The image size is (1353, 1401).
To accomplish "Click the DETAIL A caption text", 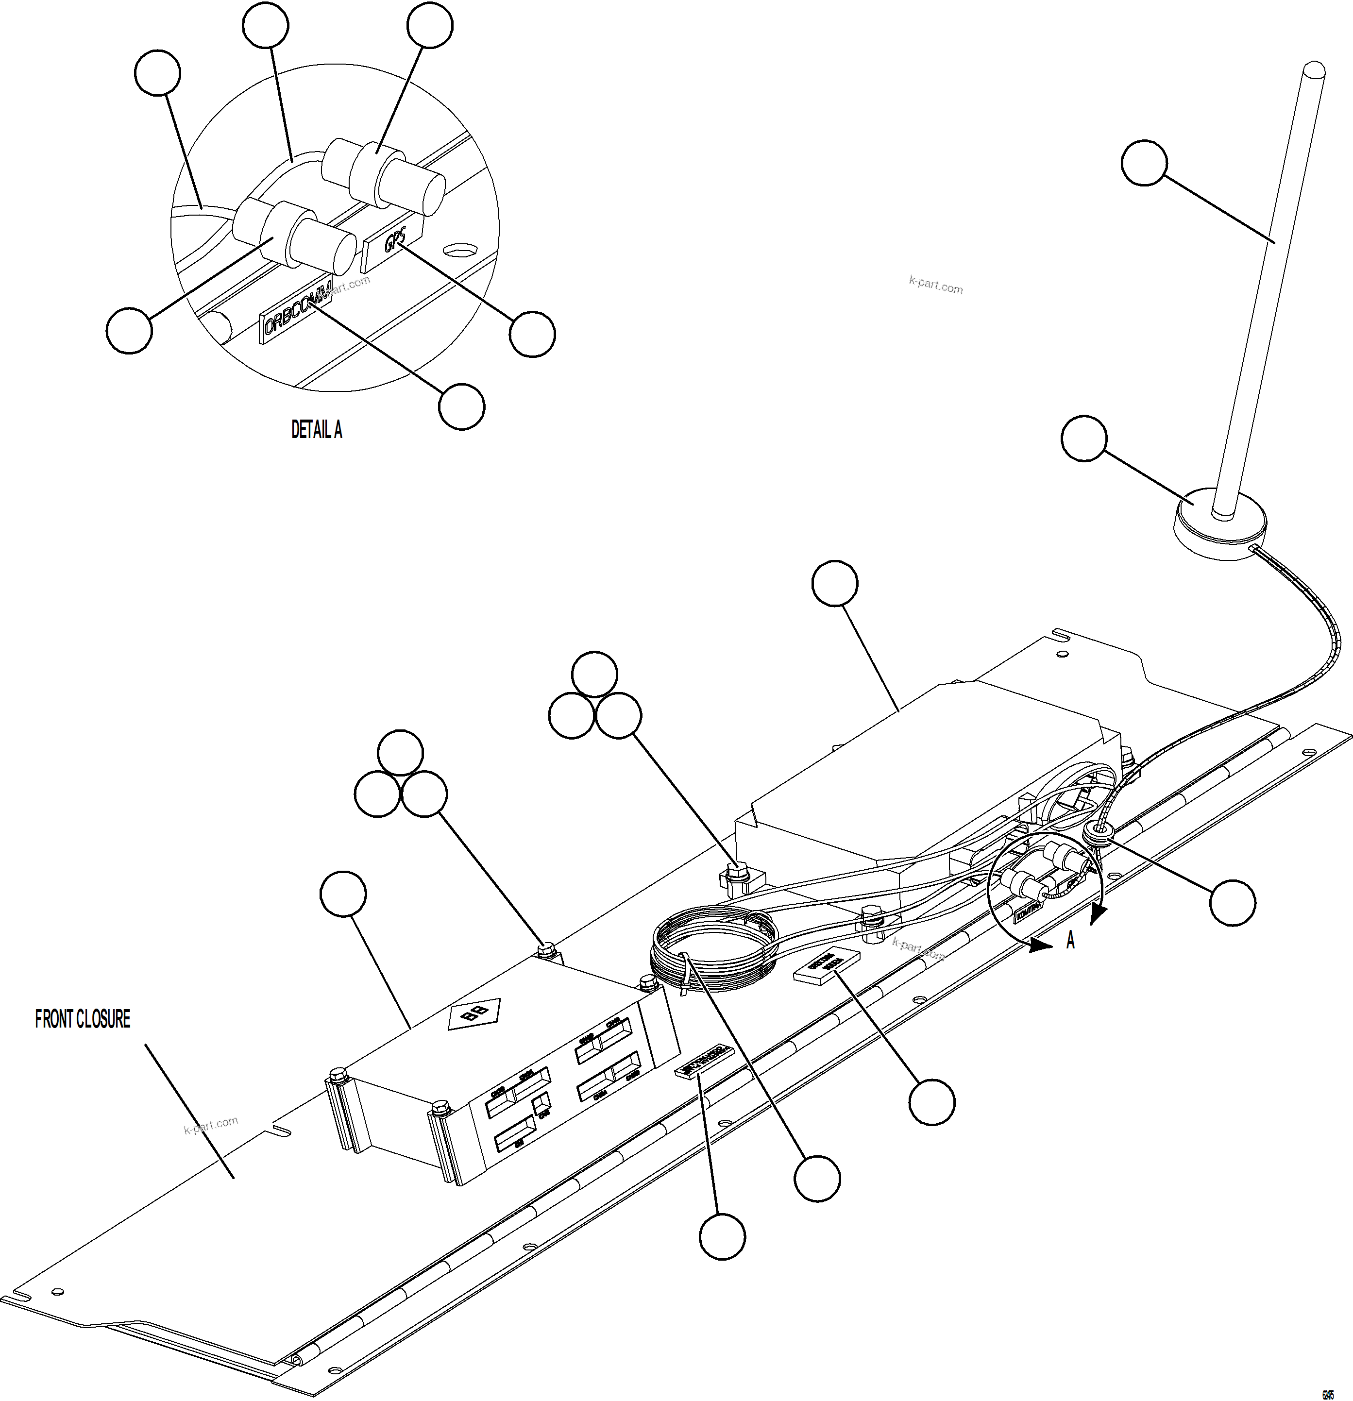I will (x=317, y=430).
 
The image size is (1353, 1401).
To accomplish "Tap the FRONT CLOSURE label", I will (x=83, y=1019).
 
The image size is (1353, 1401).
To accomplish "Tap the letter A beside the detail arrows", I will (x=1070, y=942).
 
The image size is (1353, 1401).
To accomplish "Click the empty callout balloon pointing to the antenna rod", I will (x=1144, y=163).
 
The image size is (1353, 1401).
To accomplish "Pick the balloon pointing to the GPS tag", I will (x=532, y=334).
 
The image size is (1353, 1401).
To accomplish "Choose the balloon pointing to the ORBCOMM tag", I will (x=462, y=407).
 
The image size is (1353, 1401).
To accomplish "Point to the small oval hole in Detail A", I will (x=459, y=250).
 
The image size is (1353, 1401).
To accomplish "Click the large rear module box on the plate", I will (x=929, y=772).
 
